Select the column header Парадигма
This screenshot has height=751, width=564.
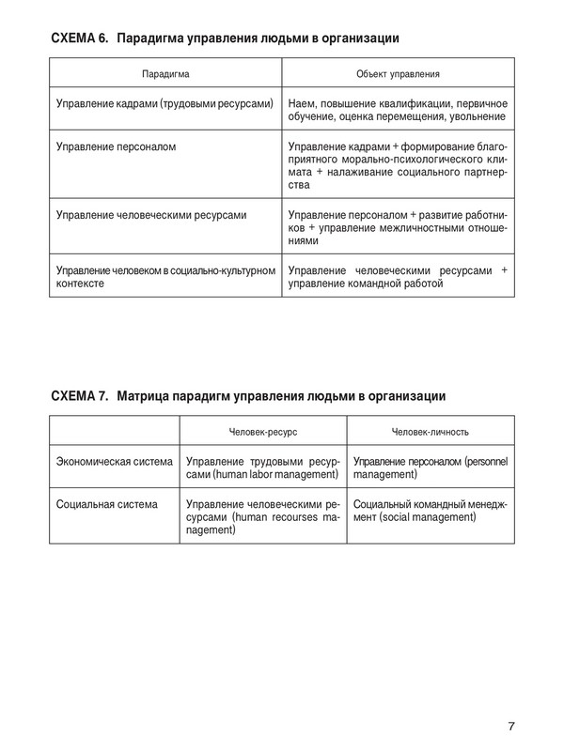tap(165, 72)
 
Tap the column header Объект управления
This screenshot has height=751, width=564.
tap(399, 72)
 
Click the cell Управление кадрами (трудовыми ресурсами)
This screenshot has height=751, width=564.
tap(164, 102)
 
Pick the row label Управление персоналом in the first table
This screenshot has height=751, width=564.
tap(117, 147)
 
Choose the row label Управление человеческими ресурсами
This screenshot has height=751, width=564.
tap(151, 215)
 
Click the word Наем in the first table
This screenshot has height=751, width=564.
tap(302, 102)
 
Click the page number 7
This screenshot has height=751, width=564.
tap(511, 726)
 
